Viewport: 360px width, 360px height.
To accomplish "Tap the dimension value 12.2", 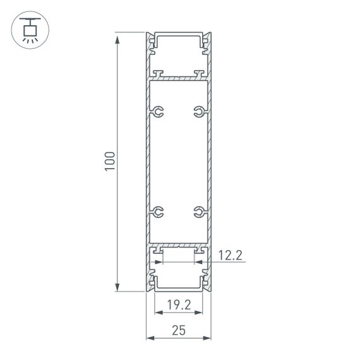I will click(x=230, y=255).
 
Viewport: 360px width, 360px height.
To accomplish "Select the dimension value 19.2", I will click(x=179, y=305).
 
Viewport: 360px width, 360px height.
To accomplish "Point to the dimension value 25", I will click(x=179, y=330).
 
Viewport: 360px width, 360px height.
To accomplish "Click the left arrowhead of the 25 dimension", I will click(x=150, y=338).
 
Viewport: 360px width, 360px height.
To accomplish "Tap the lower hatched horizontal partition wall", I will click(x=179, y=244).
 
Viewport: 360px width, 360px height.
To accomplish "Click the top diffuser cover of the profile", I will click(x=179, y=33).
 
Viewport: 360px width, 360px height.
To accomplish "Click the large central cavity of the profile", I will click(x=179, y=162).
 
